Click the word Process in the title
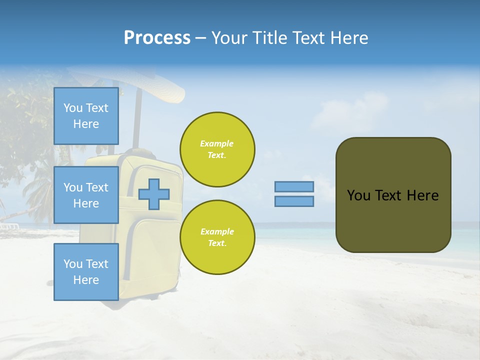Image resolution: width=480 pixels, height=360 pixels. pyautogui.click(x=157, y=38)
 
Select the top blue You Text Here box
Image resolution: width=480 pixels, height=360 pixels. pyautogui.click(x=86, y=116)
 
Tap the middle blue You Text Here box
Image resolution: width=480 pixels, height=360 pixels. pyautogui.click(x=86, y=195)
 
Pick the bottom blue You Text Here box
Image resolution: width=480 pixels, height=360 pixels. pyautogui.click(x=86, y=272)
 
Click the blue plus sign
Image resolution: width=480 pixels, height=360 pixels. pyautogui.click(x=154, y=194)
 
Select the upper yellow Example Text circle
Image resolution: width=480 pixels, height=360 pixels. pyautogui.click(x=217, y=149)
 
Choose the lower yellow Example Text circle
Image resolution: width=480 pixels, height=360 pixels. pyautogui.click(x=217, y=237)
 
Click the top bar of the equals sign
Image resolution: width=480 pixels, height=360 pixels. pyautogui.click(x=294, y=186)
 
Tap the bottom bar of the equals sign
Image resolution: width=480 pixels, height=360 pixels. pyautogui.click(x=294, y=201)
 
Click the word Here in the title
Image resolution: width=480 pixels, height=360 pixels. pyautogui.click(x=350, y=38)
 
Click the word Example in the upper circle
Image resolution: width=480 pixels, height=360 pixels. pyautogui.click(x=217, y=143)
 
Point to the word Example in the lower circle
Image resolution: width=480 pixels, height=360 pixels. pyautogui.click(x=217, y=231)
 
